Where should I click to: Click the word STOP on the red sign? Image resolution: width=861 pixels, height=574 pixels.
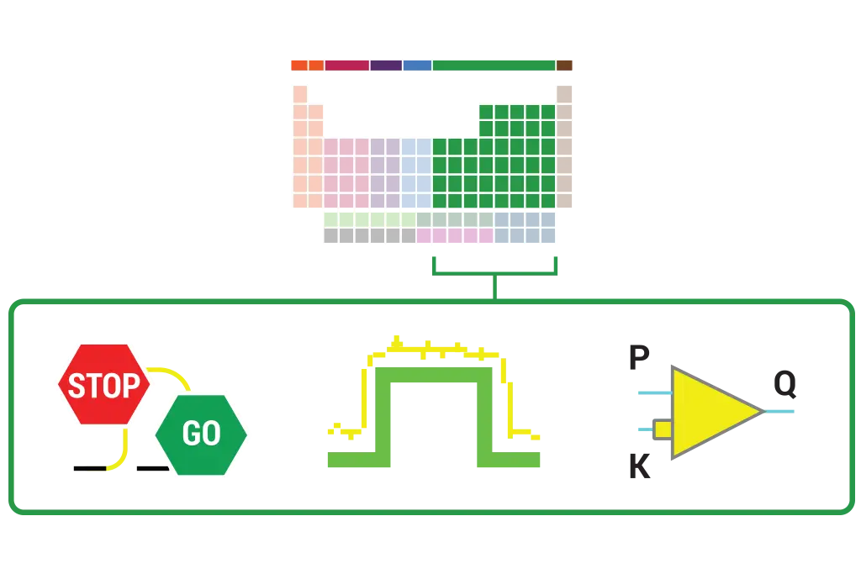[103, 386]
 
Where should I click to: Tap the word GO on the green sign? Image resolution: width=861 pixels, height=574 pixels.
[202, 434]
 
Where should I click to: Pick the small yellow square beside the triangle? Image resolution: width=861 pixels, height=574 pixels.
[663, 429]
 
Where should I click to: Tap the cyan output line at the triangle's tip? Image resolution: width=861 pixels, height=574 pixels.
[780, 410]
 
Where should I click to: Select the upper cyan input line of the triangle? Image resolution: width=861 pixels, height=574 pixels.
[652, 392]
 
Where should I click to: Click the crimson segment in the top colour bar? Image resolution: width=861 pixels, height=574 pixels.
[346, 65]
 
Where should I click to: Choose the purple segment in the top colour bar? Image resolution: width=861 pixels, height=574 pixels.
[386, 65]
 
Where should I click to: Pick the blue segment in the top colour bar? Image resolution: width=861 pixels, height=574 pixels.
[417, 65]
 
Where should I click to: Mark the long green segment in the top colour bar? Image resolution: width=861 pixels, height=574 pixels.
[494, 65]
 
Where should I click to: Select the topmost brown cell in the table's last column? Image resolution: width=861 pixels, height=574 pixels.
[565, 92]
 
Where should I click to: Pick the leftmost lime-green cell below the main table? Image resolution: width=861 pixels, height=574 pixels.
[331, 218]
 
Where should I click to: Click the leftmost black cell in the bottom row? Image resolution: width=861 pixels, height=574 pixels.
[331, 236]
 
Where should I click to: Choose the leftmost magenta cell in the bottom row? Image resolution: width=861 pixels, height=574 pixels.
[424, 236]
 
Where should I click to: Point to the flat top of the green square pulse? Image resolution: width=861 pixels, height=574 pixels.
[434, 376]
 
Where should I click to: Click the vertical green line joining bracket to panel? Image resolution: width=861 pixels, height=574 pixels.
[494, 285]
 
